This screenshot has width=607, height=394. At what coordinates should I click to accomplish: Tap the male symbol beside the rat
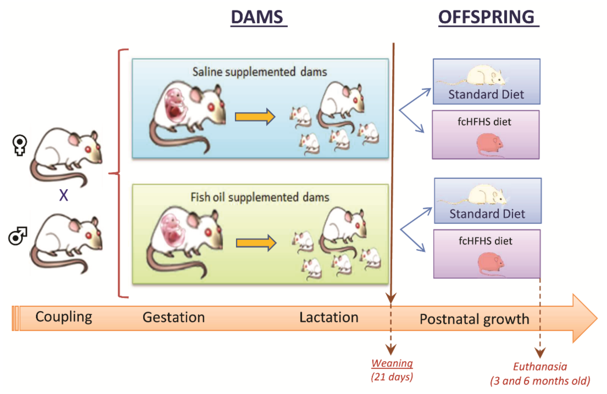(x=18, y=235)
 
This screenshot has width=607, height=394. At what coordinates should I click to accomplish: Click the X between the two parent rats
(x=63, y=195)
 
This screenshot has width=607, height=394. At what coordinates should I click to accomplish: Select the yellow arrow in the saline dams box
(x=255, y=117)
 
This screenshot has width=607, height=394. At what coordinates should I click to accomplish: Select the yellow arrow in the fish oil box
(x=256, y=243)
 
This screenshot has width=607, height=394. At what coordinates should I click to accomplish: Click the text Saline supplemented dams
(x=259, y=72)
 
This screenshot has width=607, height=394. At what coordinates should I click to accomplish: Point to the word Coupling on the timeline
(x=63, y=317)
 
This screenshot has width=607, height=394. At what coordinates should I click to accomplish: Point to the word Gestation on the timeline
(x=174, y=317)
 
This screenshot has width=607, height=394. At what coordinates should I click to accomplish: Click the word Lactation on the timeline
(x=328, y=317)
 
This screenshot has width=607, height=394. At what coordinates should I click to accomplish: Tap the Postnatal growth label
(x=474, y=319)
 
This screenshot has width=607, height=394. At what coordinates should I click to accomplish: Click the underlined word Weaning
(x=392, y=363)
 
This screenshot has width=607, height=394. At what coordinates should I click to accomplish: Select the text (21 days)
(x=392, y=377)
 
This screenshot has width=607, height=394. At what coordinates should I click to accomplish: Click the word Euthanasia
(x=540, y=366)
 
